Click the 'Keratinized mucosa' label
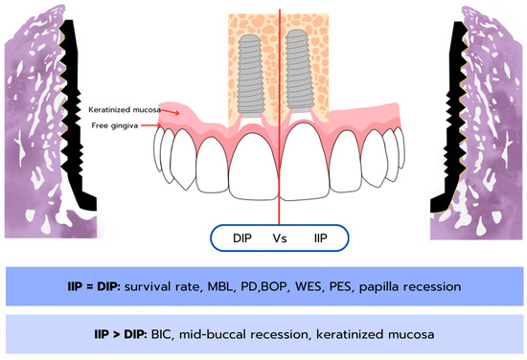[x=125, y=110]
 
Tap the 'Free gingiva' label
[x=115, y=125]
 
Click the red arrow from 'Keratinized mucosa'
[x=170, y=111]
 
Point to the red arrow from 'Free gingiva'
[x=151, y=125]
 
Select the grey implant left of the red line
[x=250, y=77]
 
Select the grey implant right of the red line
[x=297, y=72]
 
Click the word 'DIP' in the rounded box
[x=242, y=238]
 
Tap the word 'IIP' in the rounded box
[x=320, y=238]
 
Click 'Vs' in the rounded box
[x=280, y=238]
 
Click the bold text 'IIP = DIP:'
[x=94, y=286]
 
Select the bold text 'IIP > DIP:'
[x=121, y=334]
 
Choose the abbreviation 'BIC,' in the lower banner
[x=163, y=335]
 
